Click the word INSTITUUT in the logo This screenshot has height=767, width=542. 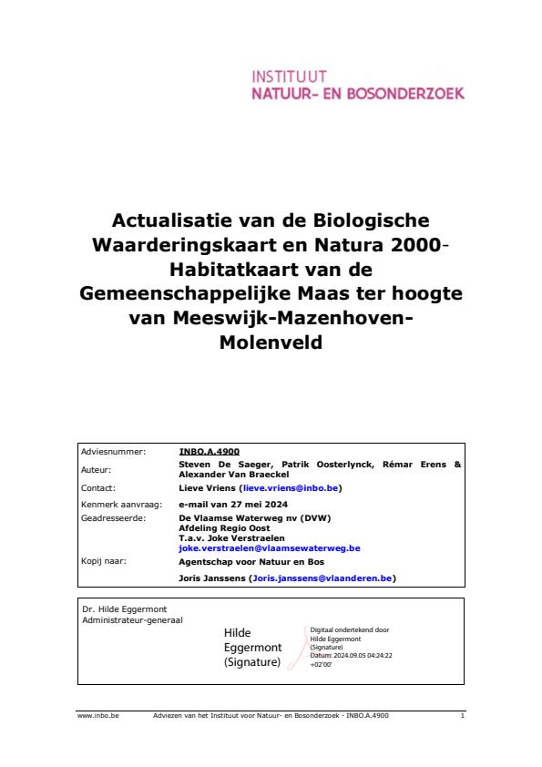(x=290, y=76)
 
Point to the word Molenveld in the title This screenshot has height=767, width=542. (x=271, y=344)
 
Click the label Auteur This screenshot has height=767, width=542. (x=96, y=470)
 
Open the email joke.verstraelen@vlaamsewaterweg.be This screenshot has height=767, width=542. (x=270, y=548)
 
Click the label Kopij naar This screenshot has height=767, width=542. (x=104, y=562)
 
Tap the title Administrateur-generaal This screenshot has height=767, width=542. (x=131, y=619)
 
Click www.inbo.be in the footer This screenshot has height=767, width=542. (x=92, y=716)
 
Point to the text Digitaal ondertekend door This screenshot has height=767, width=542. (x=350, y=629)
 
